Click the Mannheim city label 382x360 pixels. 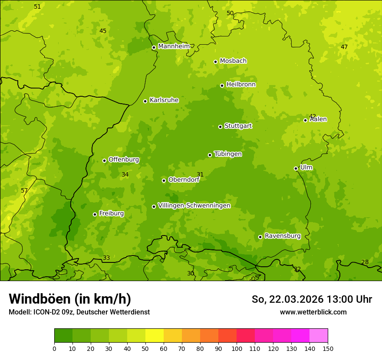click(x=174, y=46)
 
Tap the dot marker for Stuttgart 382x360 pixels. click(x=220, y=127)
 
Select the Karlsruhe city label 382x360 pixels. click(x=164, y=100)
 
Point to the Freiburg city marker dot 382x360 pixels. click(x=95, y=214)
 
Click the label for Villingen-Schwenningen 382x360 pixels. click(x=194, y=205)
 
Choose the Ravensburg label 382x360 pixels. click(x=282, y=236)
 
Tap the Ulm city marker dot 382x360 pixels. click(x=296, y=168)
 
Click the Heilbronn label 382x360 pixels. click(x=241, y=84)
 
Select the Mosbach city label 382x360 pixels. click(x=233, y=61)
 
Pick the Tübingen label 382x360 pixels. click(x=228, y=154)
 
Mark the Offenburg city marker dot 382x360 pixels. click(x=104, y=160)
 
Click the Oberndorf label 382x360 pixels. click(x=184, y=179)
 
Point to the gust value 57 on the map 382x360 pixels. click(x=24, y=190)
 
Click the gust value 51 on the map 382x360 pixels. click(x=37, y=7)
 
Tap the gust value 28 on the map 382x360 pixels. click(x=365, y=262)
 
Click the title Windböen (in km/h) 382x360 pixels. click(x=70, y=299)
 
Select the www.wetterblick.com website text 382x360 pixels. click(x=313, y=312)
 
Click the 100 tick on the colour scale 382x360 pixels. click(x=237, y=348)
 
